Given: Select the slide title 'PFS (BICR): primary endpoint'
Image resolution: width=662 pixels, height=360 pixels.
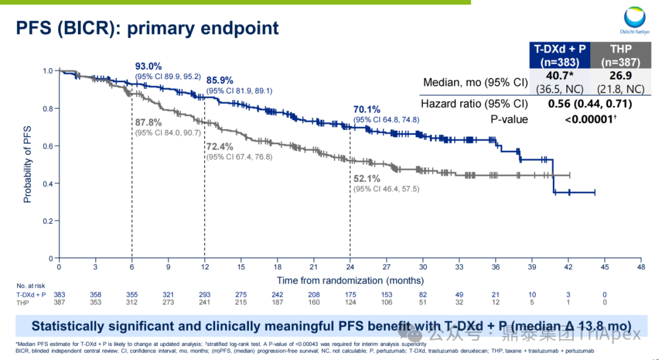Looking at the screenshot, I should point(147,28).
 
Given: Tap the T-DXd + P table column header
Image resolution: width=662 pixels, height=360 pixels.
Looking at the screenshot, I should point(559,56).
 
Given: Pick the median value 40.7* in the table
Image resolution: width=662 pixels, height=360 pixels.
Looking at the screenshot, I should point(559,77).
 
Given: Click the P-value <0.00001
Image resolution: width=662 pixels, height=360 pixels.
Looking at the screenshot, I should point(590,120).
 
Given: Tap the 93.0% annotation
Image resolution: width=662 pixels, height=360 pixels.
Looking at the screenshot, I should point(148,66).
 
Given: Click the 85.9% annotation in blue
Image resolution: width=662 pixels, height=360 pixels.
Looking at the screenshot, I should point(220,80).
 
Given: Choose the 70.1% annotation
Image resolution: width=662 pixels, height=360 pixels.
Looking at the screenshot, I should point(367,109).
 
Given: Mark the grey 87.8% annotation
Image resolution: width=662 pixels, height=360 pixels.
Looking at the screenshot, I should point(148,121).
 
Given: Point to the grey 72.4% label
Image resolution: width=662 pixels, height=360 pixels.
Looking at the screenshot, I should point(220,147).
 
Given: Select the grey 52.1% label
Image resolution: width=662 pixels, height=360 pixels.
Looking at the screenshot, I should point(367,178).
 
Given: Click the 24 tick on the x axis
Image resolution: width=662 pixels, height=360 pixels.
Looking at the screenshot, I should point(350,267).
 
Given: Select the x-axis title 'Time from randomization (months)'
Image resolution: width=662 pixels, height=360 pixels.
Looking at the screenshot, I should point(350,280).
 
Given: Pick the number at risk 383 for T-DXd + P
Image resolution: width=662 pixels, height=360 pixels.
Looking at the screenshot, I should point(59,295).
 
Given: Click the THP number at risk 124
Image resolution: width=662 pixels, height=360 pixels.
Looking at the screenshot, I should point(350,302).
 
